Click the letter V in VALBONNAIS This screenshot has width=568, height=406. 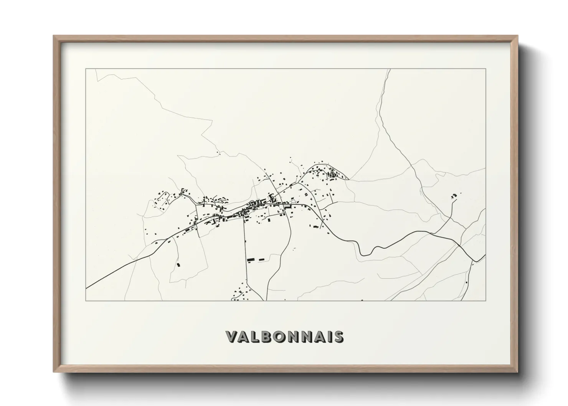tap(232, 337)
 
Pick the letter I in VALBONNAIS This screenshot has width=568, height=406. tap(329, 337)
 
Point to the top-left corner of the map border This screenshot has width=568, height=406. tap(86, 69)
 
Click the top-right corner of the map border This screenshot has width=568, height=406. tap(486, 69)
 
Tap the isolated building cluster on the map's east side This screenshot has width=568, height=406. tap(454, 196)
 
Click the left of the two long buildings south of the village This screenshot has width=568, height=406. tap(251, 260)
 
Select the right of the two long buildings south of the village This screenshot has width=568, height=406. tap(262, 260)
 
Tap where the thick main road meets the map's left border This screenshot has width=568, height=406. tap(86, 288)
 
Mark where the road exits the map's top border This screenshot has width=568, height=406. tap(390, 69)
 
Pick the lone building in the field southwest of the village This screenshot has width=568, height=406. tap(178, 264)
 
